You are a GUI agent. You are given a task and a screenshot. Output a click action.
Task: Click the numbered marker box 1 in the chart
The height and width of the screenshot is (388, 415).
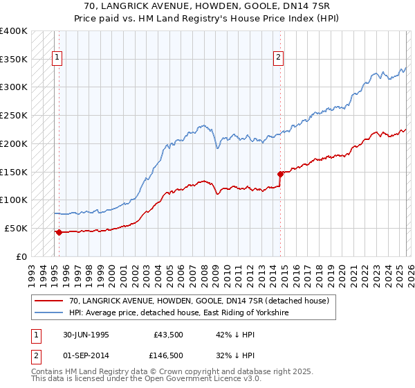57,59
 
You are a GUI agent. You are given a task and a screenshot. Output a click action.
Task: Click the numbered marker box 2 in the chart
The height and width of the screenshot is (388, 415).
279,59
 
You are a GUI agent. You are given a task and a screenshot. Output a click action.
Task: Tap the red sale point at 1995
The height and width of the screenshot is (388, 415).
59,232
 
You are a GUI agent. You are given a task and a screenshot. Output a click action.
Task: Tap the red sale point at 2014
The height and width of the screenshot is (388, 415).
280,174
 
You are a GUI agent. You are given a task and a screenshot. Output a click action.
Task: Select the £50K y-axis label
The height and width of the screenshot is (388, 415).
16,228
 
